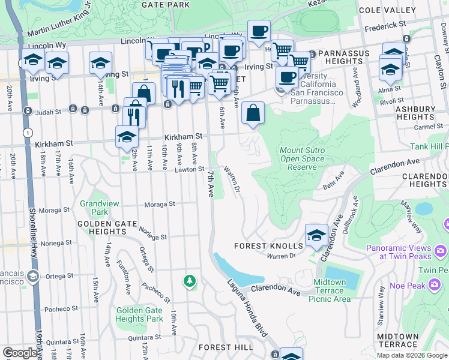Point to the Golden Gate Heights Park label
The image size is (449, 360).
point(139,314)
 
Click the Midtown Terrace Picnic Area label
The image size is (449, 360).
point(330,290)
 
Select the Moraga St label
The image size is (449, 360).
point(160,204)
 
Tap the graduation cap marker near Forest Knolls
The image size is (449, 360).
point(316,235)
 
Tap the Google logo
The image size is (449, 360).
point(20,353)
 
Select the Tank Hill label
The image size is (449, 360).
point(429,146)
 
